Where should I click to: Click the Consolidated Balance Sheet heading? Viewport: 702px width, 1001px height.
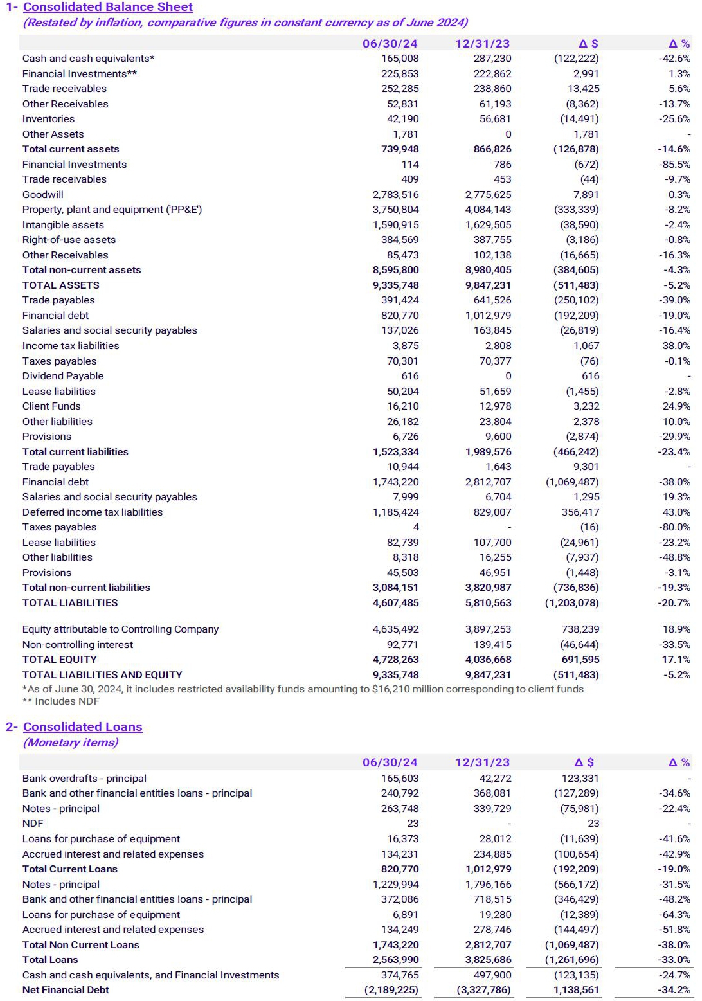pos(107,7)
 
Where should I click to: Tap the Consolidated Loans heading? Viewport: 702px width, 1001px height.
pos(82,726)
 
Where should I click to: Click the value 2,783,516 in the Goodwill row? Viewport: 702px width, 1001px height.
pos(395,194)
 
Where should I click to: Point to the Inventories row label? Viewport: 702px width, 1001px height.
pos(48,119)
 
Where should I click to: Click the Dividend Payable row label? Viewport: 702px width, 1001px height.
pos(63,376)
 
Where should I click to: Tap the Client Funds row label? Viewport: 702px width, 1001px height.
pos(51,406)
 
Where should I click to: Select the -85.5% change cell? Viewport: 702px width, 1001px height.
pos(674,165)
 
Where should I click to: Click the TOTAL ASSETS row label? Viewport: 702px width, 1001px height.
pos(61,285)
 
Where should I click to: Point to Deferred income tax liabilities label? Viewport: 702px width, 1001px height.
pos(93,512)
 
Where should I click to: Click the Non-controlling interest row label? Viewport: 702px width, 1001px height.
pos(78,645)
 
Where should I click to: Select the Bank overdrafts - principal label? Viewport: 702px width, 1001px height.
pos(84,779)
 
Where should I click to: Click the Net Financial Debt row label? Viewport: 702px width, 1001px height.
pos(66,990)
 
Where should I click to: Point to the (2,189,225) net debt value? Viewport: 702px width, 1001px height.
pos(392,990)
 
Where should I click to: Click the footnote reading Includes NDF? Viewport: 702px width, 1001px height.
pos(61,701)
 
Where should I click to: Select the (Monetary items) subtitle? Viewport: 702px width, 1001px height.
pos(71,743)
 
